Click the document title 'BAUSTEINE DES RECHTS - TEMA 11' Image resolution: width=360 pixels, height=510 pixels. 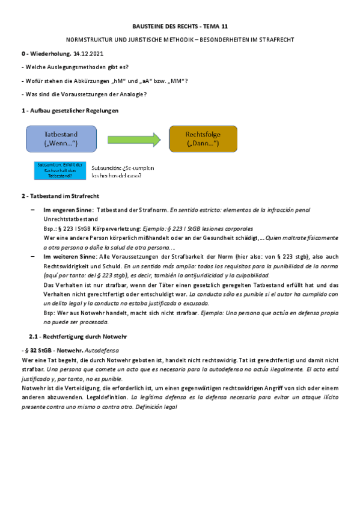pyautogui.click(x=180, y=27)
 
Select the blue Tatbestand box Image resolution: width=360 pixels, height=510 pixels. pyautogui.click(x=61, y=140)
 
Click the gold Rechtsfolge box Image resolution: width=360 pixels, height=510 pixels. pyautogui.click(x=203, y=140)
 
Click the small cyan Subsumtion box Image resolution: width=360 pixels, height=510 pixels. pyautogui.click(x=59, y=171)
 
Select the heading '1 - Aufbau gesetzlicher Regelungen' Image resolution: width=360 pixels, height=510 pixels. pyautogui.click(x=70, y=111)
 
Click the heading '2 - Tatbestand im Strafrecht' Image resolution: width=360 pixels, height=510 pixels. pyautogui.click(x=59, y=197)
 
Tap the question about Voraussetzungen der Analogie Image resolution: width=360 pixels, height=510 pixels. pyautogui.click(x=84, y=94)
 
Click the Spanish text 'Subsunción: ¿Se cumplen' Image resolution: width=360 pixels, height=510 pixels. pyautogui.click(x=123, y=168)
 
